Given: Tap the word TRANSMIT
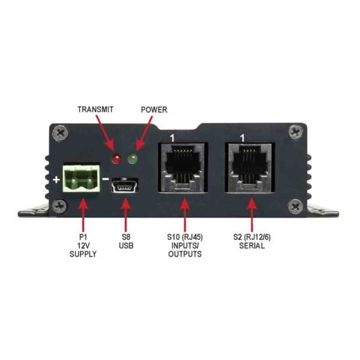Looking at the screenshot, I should pos(95,110).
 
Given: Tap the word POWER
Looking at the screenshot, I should pos(154,110).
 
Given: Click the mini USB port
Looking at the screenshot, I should pos(125,187).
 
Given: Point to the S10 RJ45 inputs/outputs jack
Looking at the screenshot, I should pos(182,167).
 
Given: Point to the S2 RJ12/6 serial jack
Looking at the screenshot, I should pos(250,167).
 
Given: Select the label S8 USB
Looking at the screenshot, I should pos(125,241).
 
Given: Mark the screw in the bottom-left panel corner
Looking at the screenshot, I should pos(58,207).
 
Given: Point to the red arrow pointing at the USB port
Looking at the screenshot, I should pos(125,210).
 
